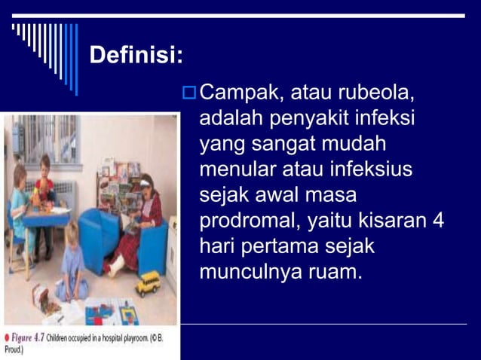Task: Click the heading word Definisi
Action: [136, 55]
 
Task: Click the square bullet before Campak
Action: [188, 95]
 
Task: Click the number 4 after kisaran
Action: [439, 220]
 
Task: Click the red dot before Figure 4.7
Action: [7, 339]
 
